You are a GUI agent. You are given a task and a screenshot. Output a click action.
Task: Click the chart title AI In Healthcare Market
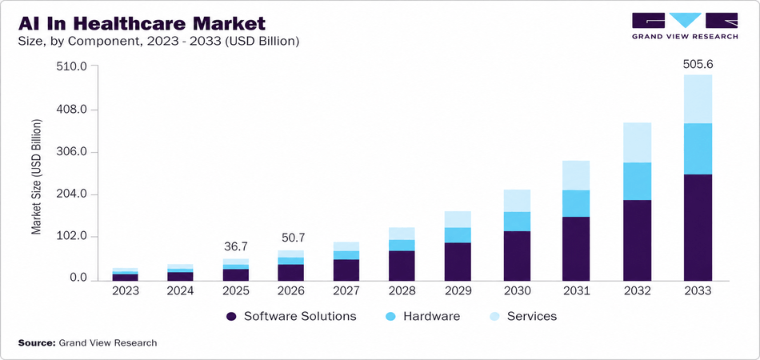(x=141, y=21)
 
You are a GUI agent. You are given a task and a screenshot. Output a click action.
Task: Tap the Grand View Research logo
(x=684, y=26)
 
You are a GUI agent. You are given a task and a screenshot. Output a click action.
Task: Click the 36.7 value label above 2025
(x=235, y=246)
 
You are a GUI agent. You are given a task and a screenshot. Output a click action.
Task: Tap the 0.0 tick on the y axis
(x=78, y=279)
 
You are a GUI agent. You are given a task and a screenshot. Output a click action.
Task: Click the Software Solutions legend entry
(x=291, y=316)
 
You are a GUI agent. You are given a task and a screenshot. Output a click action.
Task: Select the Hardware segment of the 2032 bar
(x=637, y=181)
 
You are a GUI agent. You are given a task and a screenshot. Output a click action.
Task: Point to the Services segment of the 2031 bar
(x=576, y=175)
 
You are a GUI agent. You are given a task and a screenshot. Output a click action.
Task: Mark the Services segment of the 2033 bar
(x=697, y=99)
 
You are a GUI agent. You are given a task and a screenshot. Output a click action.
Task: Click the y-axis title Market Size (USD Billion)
(x=36, y=177)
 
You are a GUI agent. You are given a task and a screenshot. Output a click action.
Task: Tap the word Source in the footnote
(x=36, y=342)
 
